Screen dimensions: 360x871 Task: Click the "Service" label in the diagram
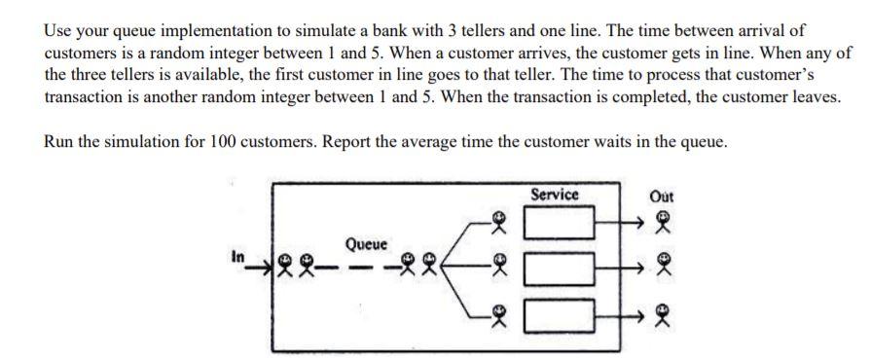point(555,195)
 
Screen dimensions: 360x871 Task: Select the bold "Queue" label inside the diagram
point(366,243)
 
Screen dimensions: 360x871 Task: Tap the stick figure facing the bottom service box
point(498,310)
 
